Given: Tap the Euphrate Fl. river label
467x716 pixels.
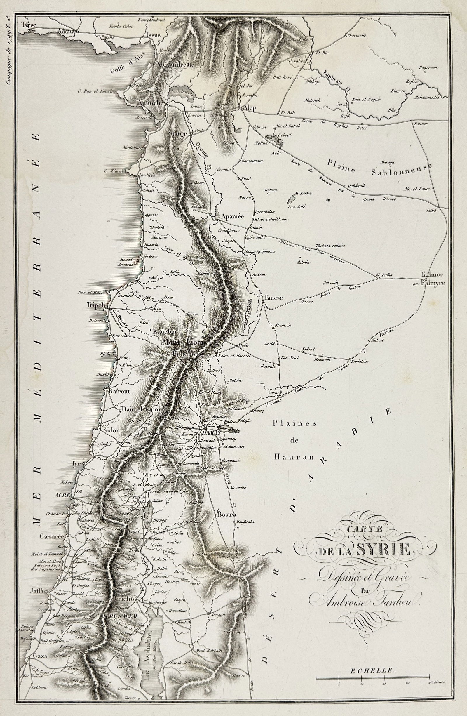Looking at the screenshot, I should (x=335, y=81).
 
